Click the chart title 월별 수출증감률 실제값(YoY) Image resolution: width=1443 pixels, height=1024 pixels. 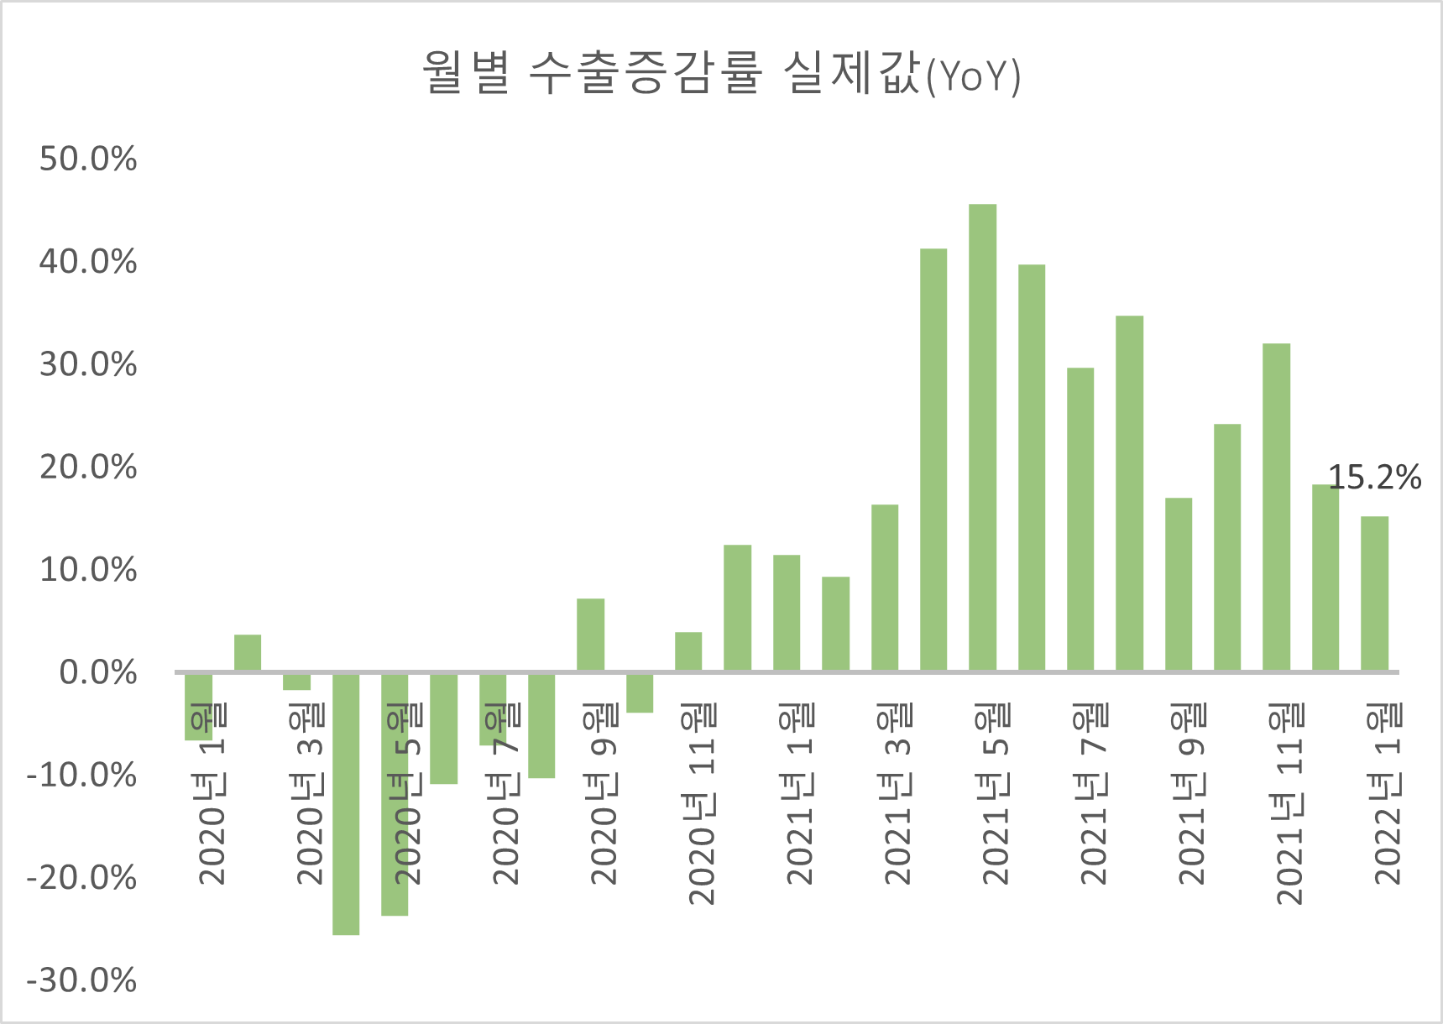(720, 74)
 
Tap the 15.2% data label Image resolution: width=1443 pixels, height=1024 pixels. (1374, 478)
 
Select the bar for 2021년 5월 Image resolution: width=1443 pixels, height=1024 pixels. (982, 436)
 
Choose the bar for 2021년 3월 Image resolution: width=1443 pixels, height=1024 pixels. (885, 587)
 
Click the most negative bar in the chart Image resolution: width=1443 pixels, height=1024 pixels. (346, 803)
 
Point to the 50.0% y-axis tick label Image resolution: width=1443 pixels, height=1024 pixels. (88, 159)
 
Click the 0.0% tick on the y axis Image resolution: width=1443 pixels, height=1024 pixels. (98, 672)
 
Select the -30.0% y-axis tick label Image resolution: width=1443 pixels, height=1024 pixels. (81, 980)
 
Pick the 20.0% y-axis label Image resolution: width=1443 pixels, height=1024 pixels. (88, 468)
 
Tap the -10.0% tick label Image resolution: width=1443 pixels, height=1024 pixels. (81, 776)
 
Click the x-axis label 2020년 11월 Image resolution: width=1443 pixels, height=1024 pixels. (702, 804)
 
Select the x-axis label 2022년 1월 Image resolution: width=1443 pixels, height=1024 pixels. (1388, 794)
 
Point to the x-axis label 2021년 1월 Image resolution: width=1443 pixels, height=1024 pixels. (799, 794)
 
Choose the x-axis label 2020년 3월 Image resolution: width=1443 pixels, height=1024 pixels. (310, 794)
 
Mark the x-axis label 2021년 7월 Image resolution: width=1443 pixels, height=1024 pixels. (1094, 794)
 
